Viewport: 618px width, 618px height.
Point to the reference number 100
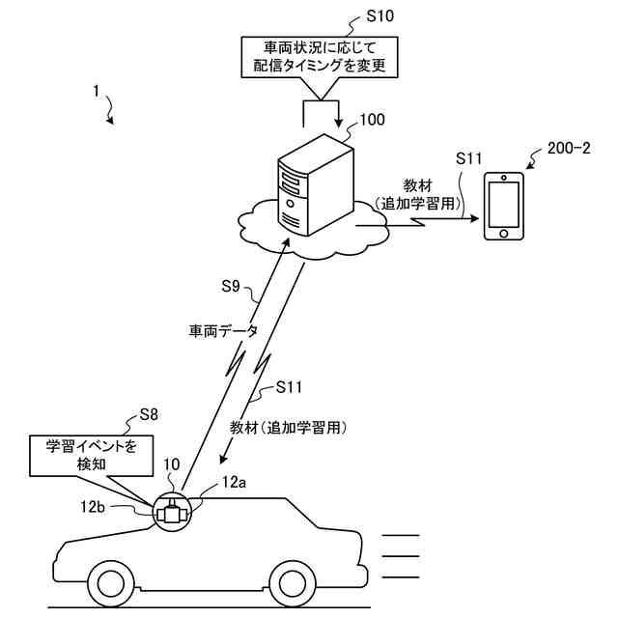click(372, 120)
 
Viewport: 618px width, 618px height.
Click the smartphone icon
click(503, 206)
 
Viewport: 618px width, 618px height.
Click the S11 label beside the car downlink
click(289, 387)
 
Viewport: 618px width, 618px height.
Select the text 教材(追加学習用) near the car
click(289, 426)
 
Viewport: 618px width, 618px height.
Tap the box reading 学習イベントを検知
click(92, 455)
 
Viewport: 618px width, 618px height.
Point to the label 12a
click(235, 480)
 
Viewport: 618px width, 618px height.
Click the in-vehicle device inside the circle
click(172, 513)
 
